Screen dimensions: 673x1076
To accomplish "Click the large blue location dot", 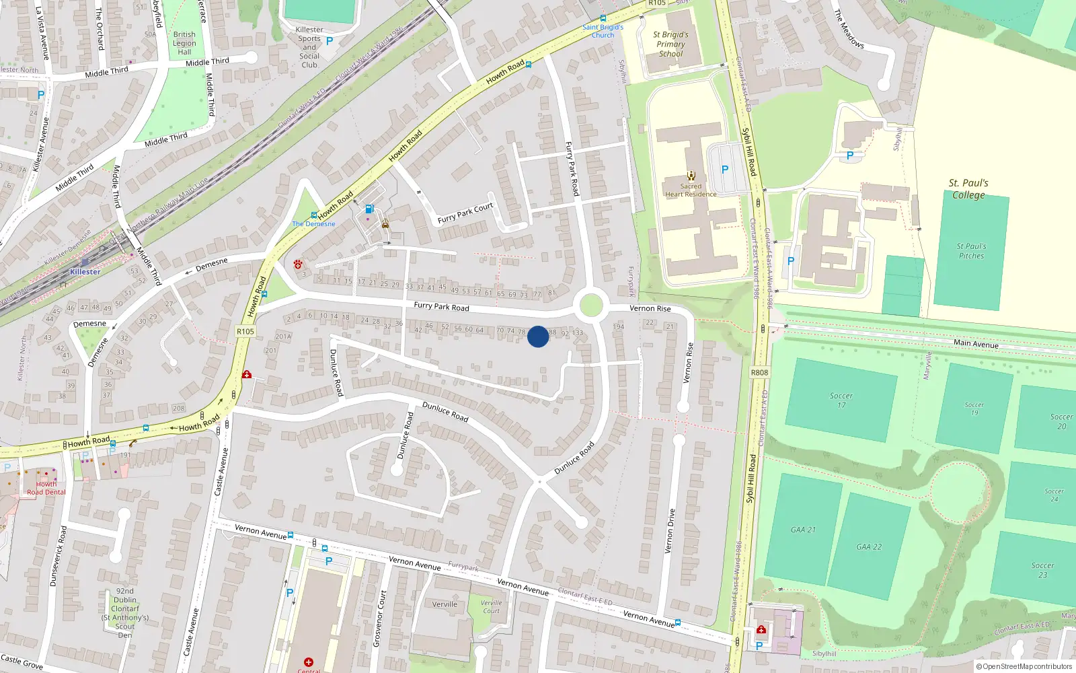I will point(537,336).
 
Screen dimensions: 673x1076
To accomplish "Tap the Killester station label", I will point(85,272).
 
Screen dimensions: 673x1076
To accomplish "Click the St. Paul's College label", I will point(968,189).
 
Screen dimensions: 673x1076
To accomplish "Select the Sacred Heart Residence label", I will point(691,190).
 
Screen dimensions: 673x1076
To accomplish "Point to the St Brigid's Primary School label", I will point(670,44).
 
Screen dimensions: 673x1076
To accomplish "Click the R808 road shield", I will point(759,372).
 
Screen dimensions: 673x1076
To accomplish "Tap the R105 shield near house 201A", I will point(245,331).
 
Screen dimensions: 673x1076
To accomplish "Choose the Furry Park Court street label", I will point(465,213).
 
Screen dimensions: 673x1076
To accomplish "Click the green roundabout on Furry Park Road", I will point(590,305).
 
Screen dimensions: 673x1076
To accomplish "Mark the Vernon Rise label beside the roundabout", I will point(650,308).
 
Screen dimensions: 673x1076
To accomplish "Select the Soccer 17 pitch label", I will point(841,400).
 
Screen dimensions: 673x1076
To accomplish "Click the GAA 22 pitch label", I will point(869,547).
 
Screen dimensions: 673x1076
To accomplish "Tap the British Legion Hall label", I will point(184,43).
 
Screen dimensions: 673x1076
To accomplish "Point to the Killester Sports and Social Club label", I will point(309,47).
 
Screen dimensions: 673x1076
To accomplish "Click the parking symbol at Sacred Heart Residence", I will point(724,170).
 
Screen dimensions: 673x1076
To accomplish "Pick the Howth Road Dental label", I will point(46,488).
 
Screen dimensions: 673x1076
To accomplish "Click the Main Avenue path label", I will point(976,343).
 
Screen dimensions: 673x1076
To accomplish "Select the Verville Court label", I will point(492,606).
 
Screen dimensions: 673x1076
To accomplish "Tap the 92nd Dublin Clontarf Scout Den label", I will point(125,613).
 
